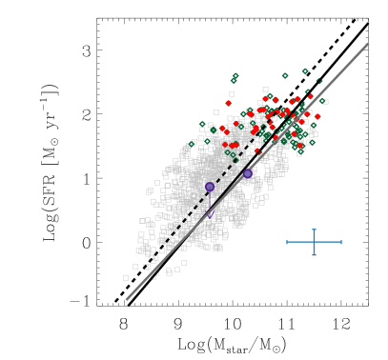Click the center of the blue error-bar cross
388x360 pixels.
[314, 242]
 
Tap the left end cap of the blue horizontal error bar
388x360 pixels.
[287, 242]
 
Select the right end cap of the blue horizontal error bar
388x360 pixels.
[340, 242]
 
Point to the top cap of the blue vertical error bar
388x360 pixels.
[314, 230]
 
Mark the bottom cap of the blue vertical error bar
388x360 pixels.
[314, 254]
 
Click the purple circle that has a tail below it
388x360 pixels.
[210, 187]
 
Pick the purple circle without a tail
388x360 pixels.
[248, 173]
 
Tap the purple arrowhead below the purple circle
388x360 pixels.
[210, 213]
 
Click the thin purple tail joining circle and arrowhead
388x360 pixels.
[210, 201]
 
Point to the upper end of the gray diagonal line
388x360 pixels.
[367, 44]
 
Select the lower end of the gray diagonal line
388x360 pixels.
[127, 299]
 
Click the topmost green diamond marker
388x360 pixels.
[305, 70]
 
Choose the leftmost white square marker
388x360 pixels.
[125, 278]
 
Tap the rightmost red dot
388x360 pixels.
[317, 116]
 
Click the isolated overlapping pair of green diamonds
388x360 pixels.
[235, 78]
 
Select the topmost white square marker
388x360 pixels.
[265, 90]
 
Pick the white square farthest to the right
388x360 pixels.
[325, 101]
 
